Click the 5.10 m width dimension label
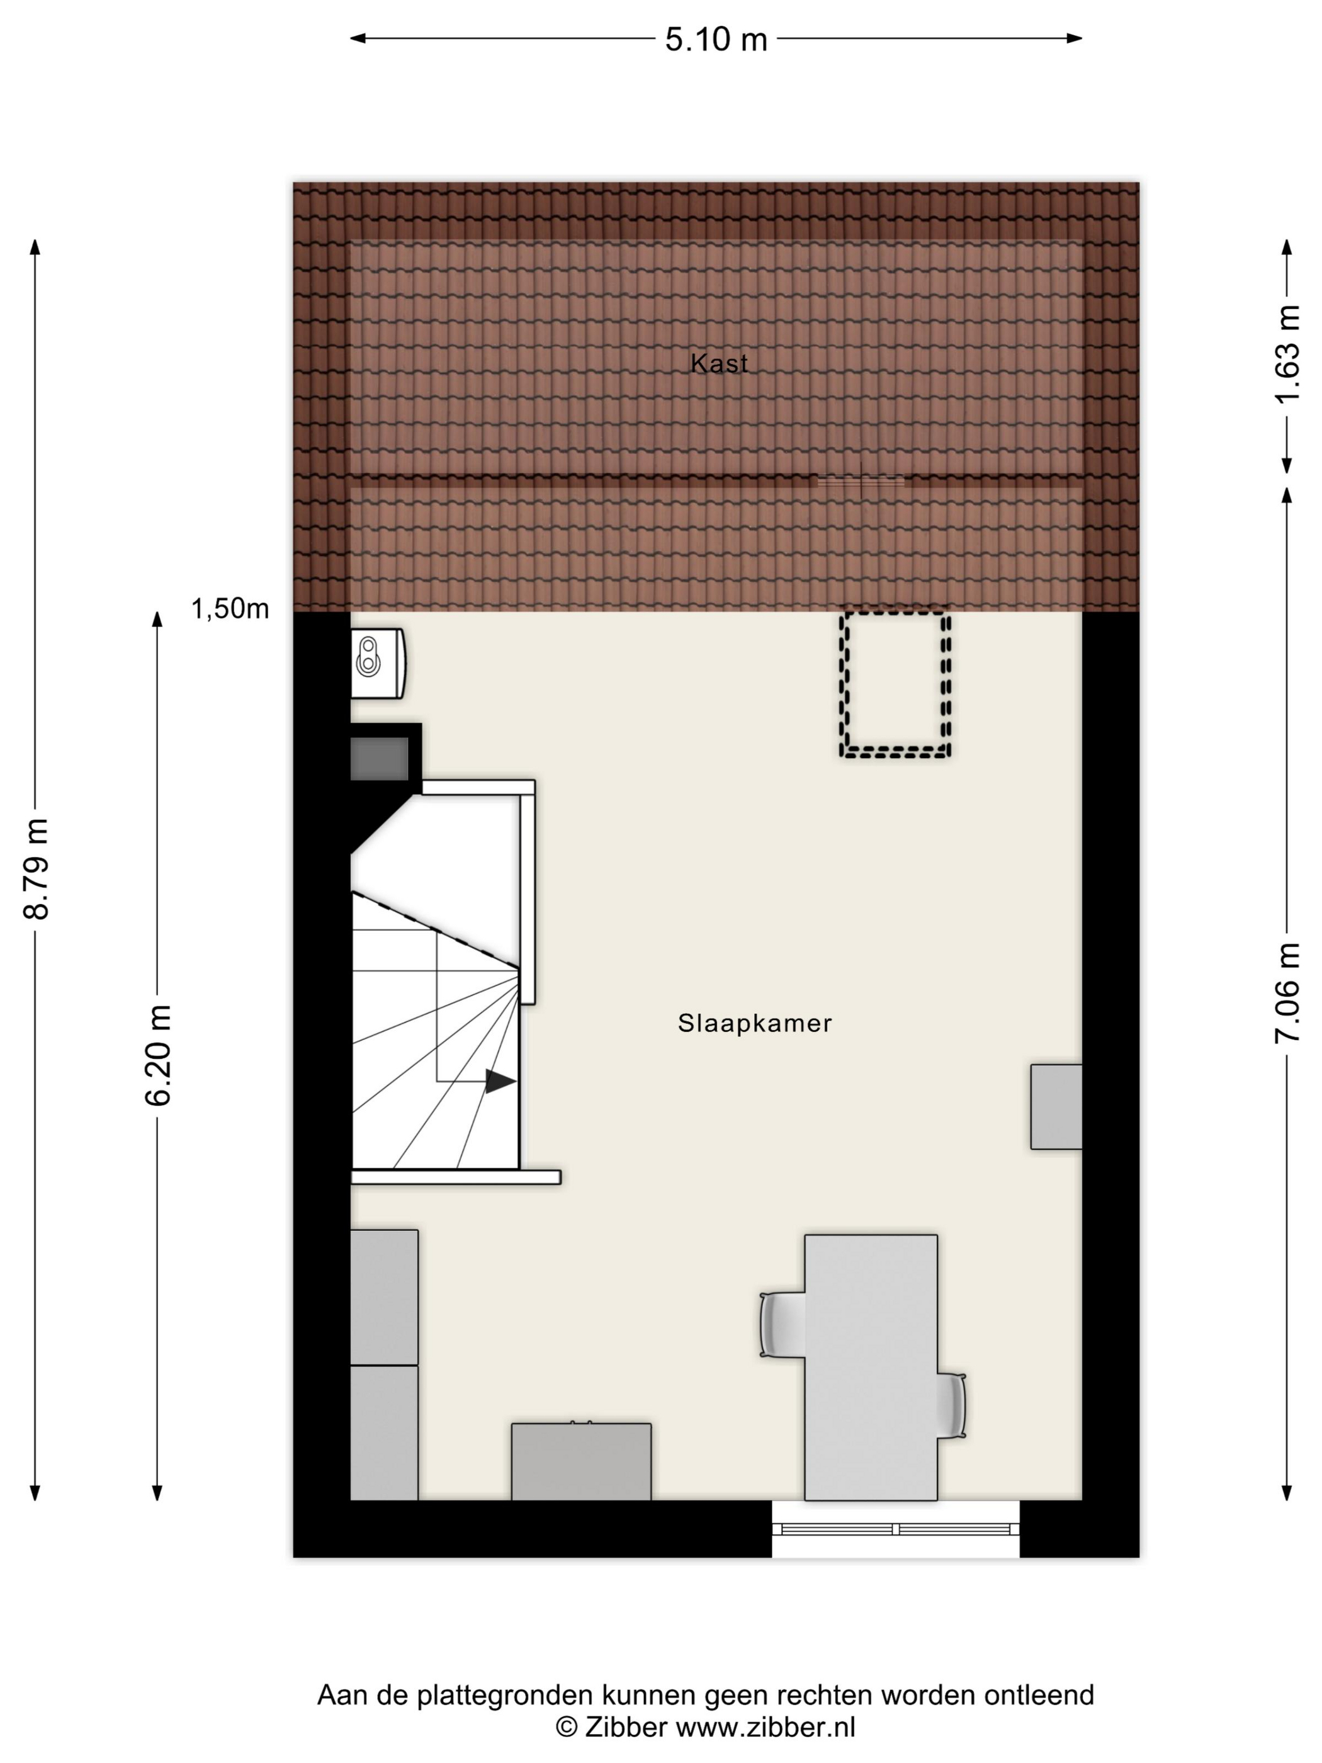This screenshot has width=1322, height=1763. coord(716,39)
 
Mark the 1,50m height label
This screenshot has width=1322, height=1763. coord(230,609)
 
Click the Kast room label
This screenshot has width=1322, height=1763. coord(719,363)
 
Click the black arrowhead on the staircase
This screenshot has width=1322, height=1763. coord(500,1082)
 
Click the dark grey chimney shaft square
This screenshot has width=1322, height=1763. coord(380,759)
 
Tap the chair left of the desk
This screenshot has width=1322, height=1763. coord(782,1325)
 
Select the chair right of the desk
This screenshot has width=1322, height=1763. coord(951,1406)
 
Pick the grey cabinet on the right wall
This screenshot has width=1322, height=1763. coord(1056,1106)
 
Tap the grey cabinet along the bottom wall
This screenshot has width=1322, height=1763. coord(581,1462)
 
